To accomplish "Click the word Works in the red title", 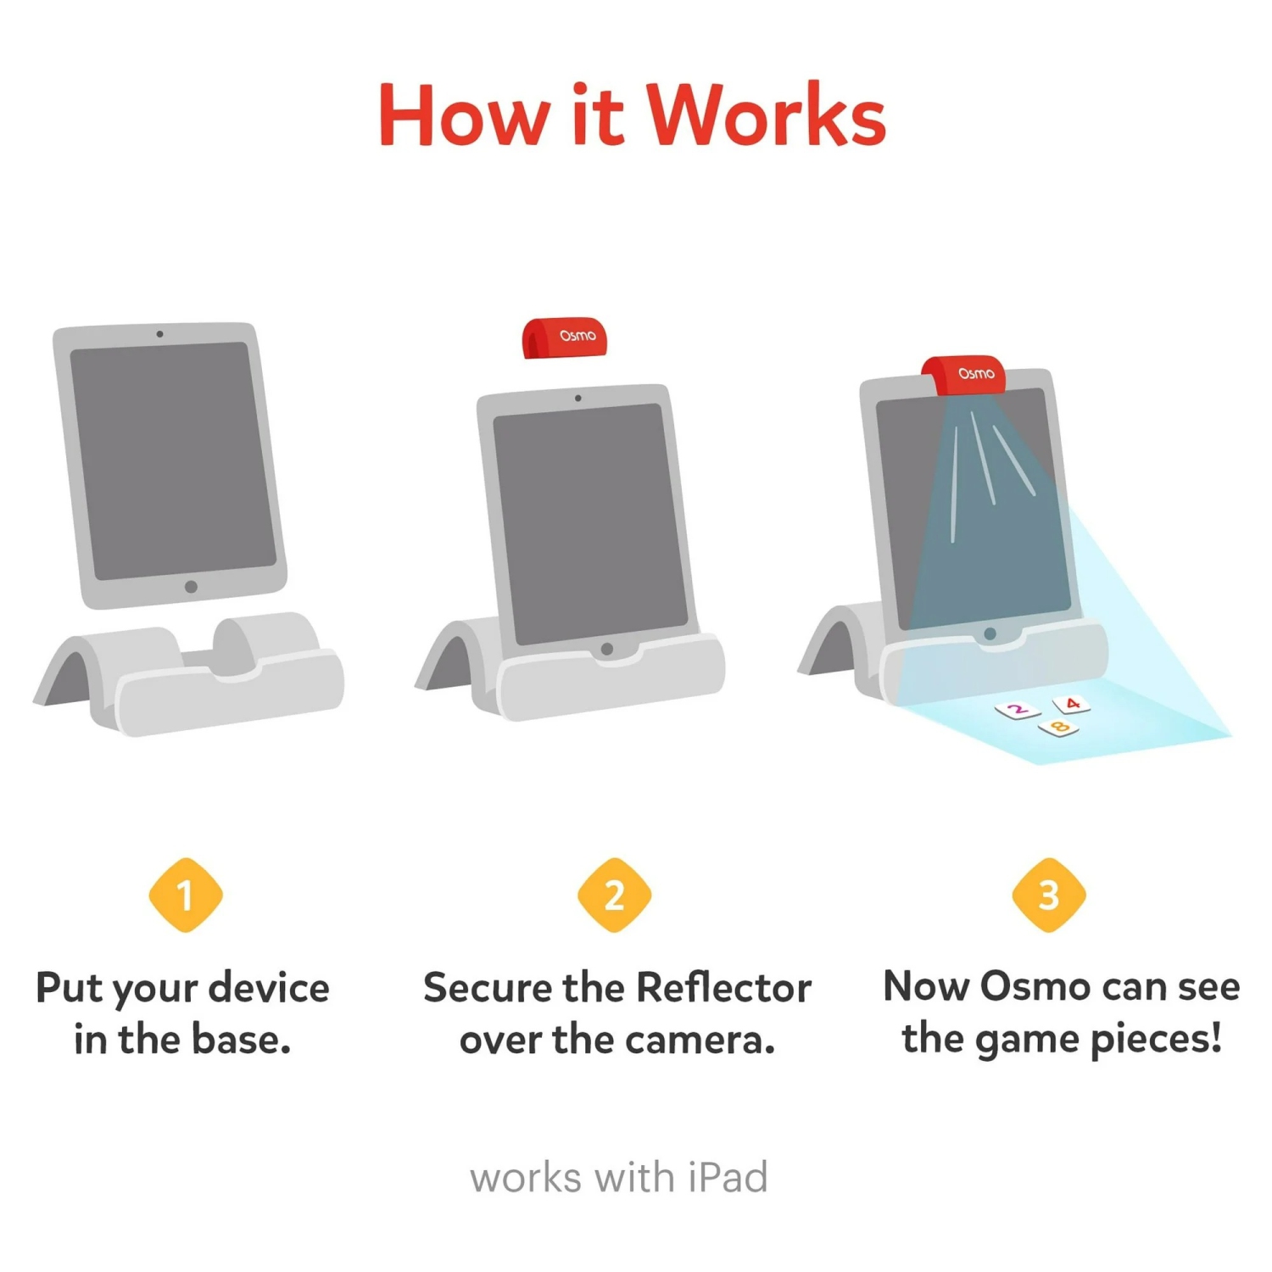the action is point(767,116).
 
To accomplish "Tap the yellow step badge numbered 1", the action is point(186,895).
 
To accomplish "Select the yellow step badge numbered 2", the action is point(615,895).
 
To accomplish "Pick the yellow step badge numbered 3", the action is point(1049,895).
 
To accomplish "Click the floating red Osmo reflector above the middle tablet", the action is point(564,338).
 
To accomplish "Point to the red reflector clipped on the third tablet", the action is point(964,375).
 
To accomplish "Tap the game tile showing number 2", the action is point(1018,710).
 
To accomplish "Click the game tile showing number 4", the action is point(1072,704).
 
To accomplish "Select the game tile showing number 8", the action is point(1058,727).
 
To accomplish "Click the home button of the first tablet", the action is point(191,586).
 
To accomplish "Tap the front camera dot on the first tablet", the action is point(159,334).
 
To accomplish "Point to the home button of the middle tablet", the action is point(606,649).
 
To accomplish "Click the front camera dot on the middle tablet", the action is point(577,398).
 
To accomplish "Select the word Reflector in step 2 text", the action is point(723,987).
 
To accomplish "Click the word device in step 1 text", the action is point(269,988).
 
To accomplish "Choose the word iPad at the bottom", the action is point(728,1177).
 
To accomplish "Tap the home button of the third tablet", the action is point(990,633).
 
